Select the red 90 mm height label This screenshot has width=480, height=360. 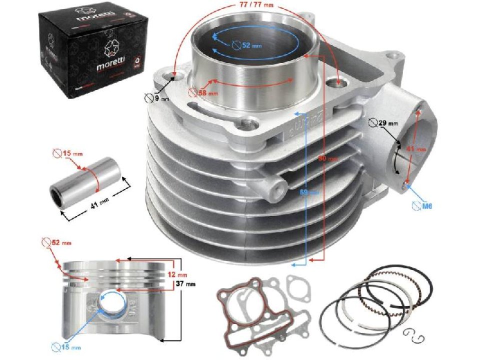pyautogui.click(x=330, y=158)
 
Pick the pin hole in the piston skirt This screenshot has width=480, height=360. pyautogui.click(x=108, y=304)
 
